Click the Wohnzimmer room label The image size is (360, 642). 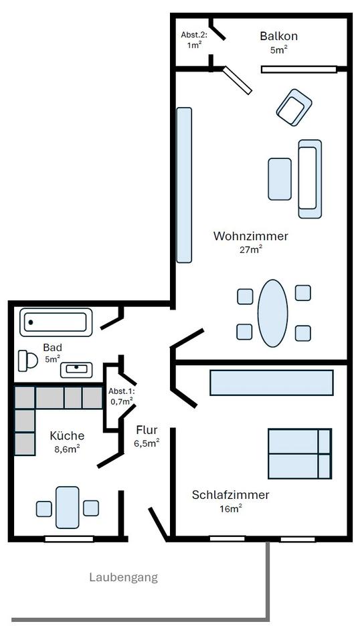250,236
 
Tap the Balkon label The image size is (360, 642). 278,36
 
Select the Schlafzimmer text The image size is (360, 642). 230,495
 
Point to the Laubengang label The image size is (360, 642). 123,577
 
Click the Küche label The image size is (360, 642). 67,435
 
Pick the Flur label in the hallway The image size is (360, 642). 147,430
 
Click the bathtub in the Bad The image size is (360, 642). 56,322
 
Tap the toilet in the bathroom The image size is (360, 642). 27,361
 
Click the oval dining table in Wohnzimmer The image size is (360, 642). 272,313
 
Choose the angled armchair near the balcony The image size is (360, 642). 294,107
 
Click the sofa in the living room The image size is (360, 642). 309,179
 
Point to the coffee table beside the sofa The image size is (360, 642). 280,179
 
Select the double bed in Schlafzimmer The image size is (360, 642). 299,453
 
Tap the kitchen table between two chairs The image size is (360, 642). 68,508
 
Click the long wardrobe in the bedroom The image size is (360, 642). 271,383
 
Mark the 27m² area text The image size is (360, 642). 250,249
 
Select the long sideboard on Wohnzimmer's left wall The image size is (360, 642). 184,185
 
